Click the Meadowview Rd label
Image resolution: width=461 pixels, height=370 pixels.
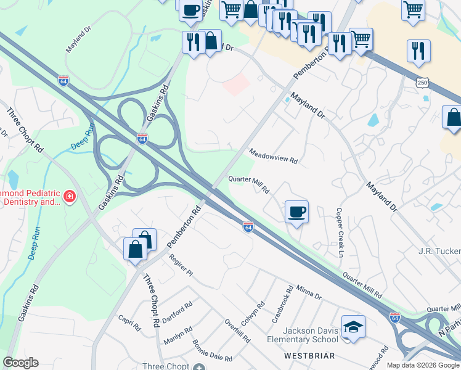pyautogui.click(x=273, y=157)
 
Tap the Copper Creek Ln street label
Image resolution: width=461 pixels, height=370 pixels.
pyautogui.click(x=339, y=231)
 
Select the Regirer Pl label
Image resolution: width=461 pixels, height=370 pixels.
pyautogui.click(x=181, y=266)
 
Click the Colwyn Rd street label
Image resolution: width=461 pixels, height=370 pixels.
pyautogui.click(x=253, y=313)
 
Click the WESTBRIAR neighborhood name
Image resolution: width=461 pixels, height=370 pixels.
pyautogui.click(x=309, y=356)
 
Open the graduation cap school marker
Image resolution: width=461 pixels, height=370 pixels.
pyautogui.click(x=354, y=327)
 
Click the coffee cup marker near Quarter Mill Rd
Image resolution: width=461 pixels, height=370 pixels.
pyautogui.click(x=296, y=212)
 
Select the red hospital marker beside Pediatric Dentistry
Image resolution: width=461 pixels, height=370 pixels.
pyautogui.click(x=70, y=197)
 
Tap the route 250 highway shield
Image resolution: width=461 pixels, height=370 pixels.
pyautogui.click(x=422, y=83)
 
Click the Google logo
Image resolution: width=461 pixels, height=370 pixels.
pyautogui.click(x=20, y=363)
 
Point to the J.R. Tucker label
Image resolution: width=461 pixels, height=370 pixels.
pyautogui.click(x=439, y=252)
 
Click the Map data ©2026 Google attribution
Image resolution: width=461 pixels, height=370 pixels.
pyautogui.click(x=422, y=365)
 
